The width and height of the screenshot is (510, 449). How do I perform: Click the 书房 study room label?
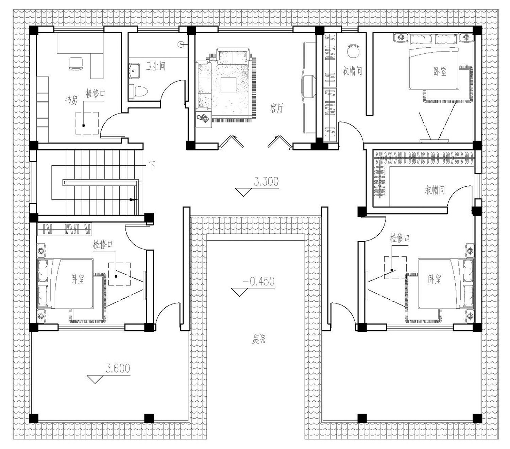click(x=72, y=100)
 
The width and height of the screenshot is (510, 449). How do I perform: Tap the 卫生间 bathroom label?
click(x=156, y=66)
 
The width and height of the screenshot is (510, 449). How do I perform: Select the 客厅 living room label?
click(x=277, y=108)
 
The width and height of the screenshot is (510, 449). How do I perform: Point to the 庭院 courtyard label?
click(x=258, y=339)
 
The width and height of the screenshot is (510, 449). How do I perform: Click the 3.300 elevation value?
click(x=266, y=181)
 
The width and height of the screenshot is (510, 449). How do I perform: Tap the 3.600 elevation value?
click(x=118, y=368)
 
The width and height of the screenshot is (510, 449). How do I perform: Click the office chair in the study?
click(x=76, y=63)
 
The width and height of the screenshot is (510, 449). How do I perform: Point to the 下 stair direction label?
click(x=152, y=166)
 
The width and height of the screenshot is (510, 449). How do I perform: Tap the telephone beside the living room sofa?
click(x=203, y=119)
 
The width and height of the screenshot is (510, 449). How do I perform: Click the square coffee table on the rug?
click(x=228, y=85)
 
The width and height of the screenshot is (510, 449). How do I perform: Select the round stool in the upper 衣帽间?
click(x=353, y=51)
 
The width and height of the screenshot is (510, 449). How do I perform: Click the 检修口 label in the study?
click(x=95, y=94)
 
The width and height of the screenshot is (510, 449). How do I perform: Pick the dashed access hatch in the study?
click(x=87, y=123)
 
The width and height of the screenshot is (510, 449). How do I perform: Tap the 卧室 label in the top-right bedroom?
click(x=440, y=72)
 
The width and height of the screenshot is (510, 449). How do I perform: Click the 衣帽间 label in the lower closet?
click(x=435, y=190)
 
